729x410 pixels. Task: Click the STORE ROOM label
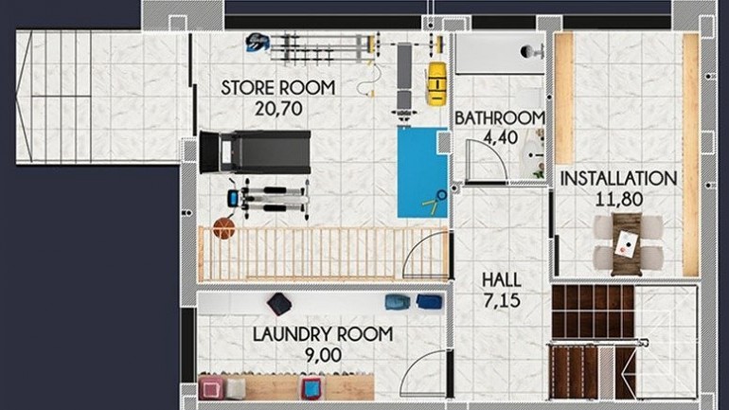point(278,89)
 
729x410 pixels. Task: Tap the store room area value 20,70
point(278,108)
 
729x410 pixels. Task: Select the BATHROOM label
point(499,118)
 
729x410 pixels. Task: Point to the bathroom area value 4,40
point(499,137)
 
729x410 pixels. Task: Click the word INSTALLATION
point(618,178)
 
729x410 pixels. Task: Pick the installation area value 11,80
point(618,198)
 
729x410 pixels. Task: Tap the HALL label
point(501,280)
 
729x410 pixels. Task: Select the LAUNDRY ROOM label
point(322,334)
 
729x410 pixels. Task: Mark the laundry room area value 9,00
point(322,354)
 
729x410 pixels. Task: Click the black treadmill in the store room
point(256,152)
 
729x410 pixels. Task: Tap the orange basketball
point(222,228)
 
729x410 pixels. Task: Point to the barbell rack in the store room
point(312,42)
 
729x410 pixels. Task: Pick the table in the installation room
point(625,240)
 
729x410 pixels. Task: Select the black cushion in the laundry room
point(280,304)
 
